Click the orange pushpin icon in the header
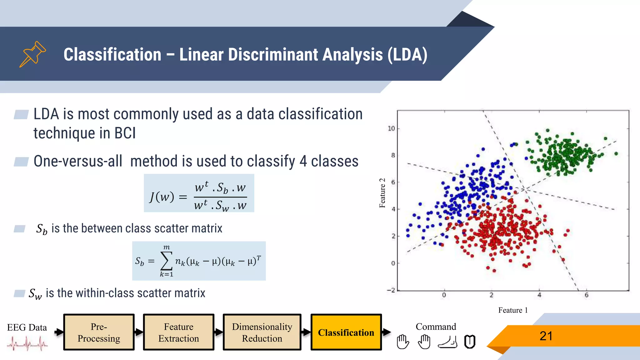[x=32, y=54]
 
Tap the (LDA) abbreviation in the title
[x=407, y=55]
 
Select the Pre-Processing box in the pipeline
[x=99, y=332]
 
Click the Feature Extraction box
[x=178, y=332]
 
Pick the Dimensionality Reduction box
[x=262, y=332]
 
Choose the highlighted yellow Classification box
[x=346, y=332]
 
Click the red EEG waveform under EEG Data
[x=27, y=344]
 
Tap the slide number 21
[x=546, y=336]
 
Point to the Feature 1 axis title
[x=513, y=310]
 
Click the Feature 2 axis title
[x=382, y=193]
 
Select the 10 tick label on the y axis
[x=391, y=128]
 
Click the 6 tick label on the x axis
[x=586, y=295]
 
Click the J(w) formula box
[x=199, y=193]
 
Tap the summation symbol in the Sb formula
[x=166, y=261]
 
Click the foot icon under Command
[x=447, y=342]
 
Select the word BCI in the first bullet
[x=125, y=133]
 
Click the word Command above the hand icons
[x=436, y=327]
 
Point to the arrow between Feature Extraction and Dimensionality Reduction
[x=218, y=332]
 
